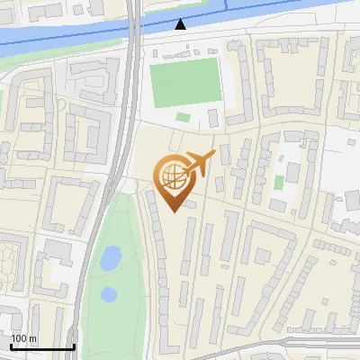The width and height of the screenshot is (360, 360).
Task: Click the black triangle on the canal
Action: pyautogui.click(x=182, y=24)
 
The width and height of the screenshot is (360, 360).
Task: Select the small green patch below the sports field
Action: pyautogui.click(x=184, y=117)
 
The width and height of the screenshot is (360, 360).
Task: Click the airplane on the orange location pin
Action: pyautogui.click(x=198, y=165)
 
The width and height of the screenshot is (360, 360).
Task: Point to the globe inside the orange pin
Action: pyautogui.click(x=170, y=175)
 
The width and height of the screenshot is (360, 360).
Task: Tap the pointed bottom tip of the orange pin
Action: pyautogui.click(x=173, y=211)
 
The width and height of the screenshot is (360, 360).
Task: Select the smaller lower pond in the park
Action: pyautogui.click(x=109, y=294)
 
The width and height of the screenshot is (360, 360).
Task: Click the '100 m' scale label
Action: pyautogui.click(x=23, y=338)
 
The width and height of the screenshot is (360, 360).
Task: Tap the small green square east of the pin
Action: pyautogui.click(x=279, y=183)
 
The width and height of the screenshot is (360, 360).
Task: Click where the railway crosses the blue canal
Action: pyautogui.click(x=135, y=31)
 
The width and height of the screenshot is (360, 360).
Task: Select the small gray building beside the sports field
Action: pyautogui.click(x=212, y=118)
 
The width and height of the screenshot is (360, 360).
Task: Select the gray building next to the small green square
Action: pyautogui.click(x=292, y=171)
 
